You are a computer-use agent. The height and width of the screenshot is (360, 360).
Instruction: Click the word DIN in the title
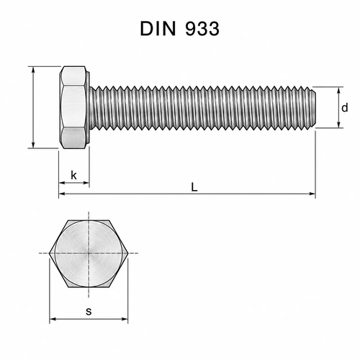pyautogui.click(x=158, y=29)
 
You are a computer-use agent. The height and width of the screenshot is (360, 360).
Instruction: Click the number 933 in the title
pyautogui.click(x=202, y=29)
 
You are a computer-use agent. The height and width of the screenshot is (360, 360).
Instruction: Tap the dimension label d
pyautogui.click(x=345, y=108)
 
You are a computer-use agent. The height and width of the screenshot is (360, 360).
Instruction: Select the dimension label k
pyautogui.click(x=74, y=175)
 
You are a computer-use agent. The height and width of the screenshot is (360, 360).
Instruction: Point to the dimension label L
pyautogui.click(x=194, y=187)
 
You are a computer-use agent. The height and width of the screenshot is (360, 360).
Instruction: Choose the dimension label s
pyautogui.click(x=89, y=311)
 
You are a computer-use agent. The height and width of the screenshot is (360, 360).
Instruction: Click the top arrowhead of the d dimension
pyautogui.click(x=338, y=90)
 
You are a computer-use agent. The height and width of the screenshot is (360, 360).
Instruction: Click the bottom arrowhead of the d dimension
pyautogui.click(x=338, y=125)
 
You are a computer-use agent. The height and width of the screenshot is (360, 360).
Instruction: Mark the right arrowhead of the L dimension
pyautogui.click(x=312, y=194)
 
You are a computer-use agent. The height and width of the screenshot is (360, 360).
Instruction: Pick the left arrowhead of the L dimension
pyautogui.click(x=62, y=194)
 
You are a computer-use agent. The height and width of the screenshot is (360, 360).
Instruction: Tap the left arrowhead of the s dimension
pyautogui.click(x=53, y=319)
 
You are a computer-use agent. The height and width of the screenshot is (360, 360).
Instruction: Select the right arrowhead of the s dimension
pyautogui.click(x=125, y=319)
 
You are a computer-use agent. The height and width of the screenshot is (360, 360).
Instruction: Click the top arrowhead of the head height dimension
pyautogui.click(x=33, y=70)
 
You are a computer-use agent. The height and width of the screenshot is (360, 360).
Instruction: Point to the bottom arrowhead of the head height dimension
pyautogui.click(x=33, y=145)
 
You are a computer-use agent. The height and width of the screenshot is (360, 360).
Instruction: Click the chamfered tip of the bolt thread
pyautogui.click(x=313, y=107)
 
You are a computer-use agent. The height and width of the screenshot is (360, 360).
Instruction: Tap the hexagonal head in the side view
pyautogui.click(x=73, y=107)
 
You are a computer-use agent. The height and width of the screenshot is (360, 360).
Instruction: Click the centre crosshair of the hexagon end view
pyautogui.click(x=89, y=253)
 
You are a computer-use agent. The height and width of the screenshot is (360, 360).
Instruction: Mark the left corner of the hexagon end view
pyautogui.click(x=49, y=253)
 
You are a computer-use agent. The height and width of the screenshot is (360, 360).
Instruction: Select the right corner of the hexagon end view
pyautogui.click(x=129, y=253)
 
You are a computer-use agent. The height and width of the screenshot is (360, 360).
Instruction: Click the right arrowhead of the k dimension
pyautogui.click(x=86, y=183)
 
